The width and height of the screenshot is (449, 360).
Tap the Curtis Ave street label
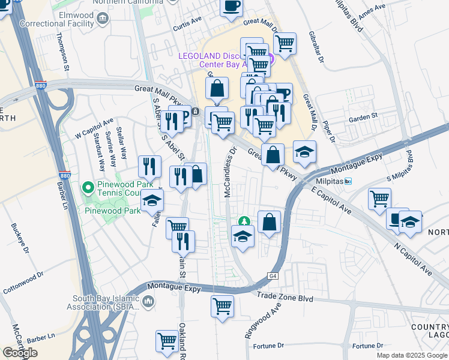[x=187, y=22]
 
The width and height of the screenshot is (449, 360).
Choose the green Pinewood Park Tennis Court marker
[x=88, y=188]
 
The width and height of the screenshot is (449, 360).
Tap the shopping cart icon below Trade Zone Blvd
[x=222, y=305]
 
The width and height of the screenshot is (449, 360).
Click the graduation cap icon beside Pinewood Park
[x=152, y=201]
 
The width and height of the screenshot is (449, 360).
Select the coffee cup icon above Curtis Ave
[x=231, y=6]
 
